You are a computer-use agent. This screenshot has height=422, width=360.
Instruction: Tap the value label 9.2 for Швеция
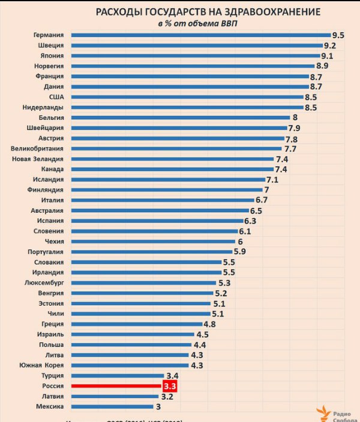330,46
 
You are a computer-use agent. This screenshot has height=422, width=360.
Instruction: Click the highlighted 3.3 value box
170,386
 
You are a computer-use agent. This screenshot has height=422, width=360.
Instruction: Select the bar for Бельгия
180,117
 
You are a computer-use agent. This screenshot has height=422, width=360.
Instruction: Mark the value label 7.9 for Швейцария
294,128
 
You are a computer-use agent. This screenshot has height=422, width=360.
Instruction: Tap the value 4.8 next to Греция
209,324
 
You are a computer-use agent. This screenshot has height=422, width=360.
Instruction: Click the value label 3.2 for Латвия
167,397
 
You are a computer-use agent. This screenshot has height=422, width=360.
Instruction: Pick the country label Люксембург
44,282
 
